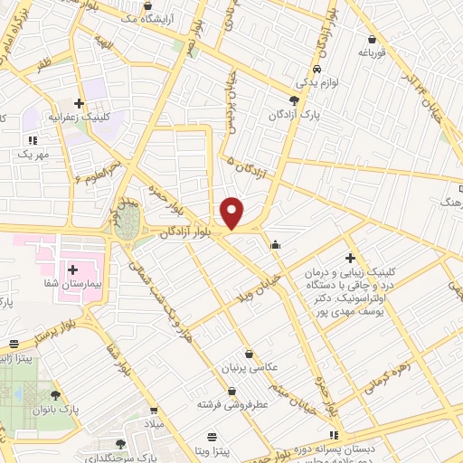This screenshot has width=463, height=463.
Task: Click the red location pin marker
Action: pos(232,213)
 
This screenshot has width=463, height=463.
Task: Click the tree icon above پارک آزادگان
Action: pos(294,101)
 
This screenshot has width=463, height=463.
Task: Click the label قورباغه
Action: pos(373,53)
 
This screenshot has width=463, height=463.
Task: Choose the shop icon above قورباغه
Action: pos(373,39)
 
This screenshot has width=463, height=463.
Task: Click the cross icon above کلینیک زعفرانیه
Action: pos(80,103)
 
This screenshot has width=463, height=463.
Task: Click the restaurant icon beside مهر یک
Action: pos(33,139)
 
